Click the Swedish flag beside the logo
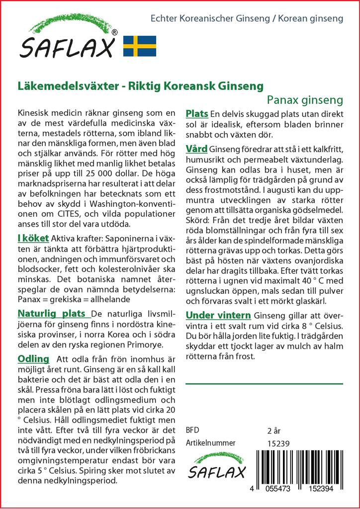pos(139,46)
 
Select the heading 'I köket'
pos(33,239)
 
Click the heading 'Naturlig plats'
pos(54,314)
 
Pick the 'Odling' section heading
pos(33,359)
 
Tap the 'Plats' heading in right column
pos(196,114)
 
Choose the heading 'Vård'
pos(196,149)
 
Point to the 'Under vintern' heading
pos(218,315)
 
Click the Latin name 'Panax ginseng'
pos(305,99)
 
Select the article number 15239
pos(278,443)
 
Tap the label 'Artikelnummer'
pos(210,443)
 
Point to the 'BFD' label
pos(192,430)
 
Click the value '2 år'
pos(274,430)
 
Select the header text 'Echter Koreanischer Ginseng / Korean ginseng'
pos(247,18)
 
